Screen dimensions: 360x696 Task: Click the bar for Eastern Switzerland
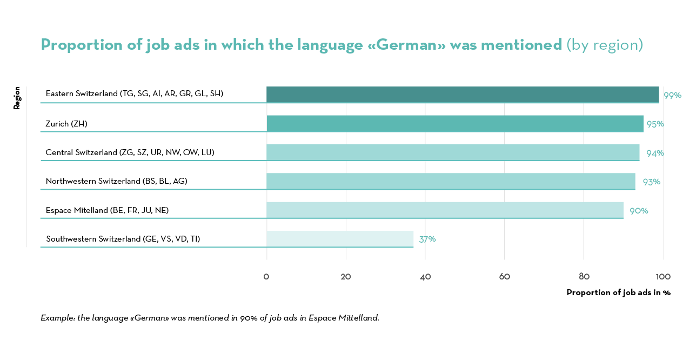click(462, 95)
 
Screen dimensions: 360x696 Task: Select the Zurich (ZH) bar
click(454, 123)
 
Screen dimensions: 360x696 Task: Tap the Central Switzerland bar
click(452, 152)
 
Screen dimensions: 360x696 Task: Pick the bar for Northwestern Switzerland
click(451, 181)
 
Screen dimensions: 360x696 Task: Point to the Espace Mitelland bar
click(445, 210)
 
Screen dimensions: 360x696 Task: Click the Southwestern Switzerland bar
click(339, 239)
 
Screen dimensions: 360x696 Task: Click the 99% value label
click(672, 95)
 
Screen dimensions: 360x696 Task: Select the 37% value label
click(427, 239)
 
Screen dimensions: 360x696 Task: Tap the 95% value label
click(655, 124)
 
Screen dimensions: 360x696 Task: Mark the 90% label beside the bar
click(639, 210)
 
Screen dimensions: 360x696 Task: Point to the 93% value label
click(651, 182)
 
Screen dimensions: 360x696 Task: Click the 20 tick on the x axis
click(346, 277)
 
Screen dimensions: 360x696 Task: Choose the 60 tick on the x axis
click(504, 277)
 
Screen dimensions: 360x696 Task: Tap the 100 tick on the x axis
click(663, 277)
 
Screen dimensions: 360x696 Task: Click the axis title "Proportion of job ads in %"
click(618, 292)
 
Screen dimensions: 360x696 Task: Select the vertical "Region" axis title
click(17, 98)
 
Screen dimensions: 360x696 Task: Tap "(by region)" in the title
click(605, 44)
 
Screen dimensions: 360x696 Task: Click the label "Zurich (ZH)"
click(66, 124)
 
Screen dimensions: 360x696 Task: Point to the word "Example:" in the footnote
click(58, 318)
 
